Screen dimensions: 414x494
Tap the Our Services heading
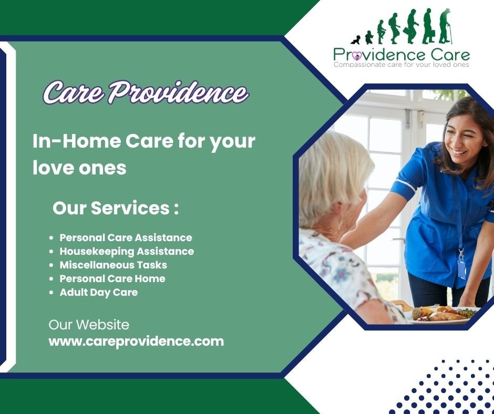(115, 208)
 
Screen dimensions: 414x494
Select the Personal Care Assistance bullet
(126, 237)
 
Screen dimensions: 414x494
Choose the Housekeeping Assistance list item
(127, 251)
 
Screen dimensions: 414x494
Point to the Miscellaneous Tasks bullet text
(113, 265)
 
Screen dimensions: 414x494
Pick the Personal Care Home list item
(112, 278)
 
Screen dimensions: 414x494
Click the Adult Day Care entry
(99, 292)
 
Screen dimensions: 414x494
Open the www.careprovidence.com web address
(136, 341)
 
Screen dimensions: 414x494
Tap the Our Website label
(88, 325)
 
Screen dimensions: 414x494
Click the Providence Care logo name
(402, 54)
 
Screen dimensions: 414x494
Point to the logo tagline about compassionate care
(402, 65)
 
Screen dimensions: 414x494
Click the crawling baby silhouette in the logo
(355, 40)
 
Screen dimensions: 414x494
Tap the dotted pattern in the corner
(447, 386)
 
